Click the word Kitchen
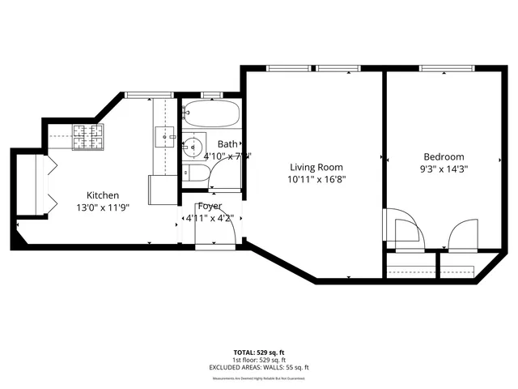coord(103,195)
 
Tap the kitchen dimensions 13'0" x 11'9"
coord(103,207)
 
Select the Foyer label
coord(210,206)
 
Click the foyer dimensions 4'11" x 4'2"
coord(208,217)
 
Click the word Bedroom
coord(444,157)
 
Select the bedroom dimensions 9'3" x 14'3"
coord(444,169)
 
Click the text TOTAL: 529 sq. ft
coord(259,353)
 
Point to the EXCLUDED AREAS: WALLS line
coord(259,367)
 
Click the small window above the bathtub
coord(212,95)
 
